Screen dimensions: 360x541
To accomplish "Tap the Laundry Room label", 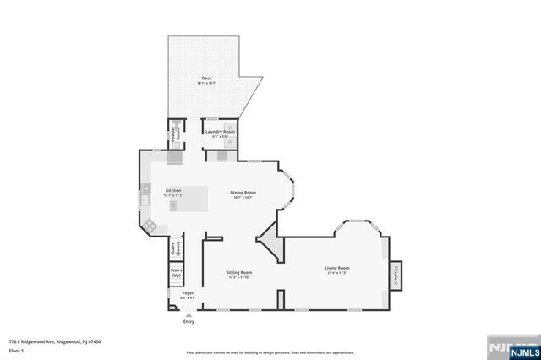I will point(218,133).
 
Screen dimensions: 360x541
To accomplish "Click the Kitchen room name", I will point(173,191).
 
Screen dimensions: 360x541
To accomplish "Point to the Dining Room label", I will point(243,193).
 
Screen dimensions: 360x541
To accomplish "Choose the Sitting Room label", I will point(239,272).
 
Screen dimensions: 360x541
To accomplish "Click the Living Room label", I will point(337,269).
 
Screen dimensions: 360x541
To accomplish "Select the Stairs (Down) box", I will point(177,249).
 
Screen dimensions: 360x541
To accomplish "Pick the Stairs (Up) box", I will point(177,275).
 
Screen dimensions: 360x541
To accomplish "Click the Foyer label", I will point(188,293).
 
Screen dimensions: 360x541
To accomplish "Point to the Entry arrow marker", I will point(188,314).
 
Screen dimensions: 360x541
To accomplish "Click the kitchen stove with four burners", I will point(149,226).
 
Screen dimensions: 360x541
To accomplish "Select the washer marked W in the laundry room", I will point(229,141).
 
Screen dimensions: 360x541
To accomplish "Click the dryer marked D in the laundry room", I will point(229,128).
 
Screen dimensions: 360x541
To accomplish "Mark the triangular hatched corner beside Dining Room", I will point(270,246).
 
